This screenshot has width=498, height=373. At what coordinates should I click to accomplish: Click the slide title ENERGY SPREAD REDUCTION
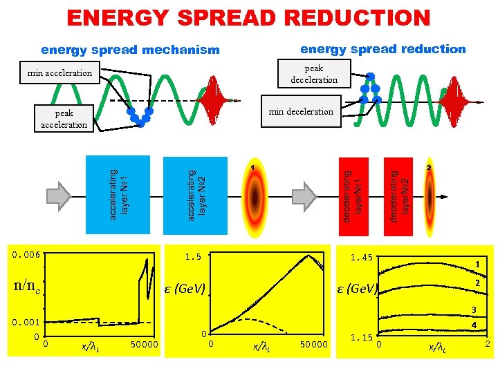point(248,18)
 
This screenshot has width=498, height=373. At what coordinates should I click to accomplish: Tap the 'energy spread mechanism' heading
point(130,50)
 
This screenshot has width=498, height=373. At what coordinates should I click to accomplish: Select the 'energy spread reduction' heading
point(382,49)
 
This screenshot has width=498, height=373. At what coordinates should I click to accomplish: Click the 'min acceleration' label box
point(60,72)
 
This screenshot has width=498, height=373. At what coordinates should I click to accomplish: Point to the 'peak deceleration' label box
point(314,74)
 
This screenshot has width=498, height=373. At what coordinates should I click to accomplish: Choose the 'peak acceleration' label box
point(64,119)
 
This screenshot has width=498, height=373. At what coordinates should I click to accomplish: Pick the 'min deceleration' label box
point(301,111)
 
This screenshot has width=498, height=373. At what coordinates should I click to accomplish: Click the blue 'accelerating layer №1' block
point(116,186)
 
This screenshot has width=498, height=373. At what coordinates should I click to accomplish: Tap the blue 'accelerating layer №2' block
point(195,186)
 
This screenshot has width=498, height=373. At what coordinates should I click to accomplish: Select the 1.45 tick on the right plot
point(361,258)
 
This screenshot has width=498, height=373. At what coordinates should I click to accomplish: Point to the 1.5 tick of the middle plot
point(193,257)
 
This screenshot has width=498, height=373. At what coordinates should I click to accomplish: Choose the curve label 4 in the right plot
point(474,325)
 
